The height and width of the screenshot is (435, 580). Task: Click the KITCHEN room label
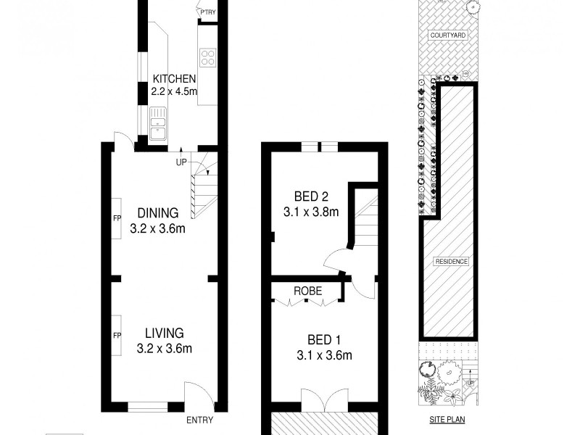pos(174,79)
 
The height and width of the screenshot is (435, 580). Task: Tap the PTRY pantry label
pos(208,12)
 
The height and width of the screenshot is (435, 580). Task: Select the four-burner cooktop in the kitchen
pos(207,57)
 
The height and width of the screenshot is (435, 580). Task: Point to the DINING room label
pos(158,213)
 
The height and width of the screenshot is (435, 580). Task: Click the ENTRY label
pos(199,420)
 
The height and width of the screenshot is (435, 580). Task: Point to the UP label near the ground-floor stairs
pos(181,162)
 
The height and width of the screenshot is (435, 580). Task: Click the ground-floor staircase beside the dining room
pos(203,190)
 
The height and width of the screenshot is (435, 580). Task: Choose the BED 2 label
pos(312,196)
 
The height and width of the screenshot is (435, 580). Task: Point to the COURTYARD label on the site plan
pos(447,35)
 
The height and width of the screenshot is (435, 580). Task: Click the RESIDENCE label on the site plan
pos(451,261)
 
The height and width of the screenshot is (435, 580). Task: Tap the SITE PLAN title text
pos(446,419)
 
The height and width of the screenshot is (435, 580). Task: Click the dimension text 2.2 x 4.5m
pos(174,92)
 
